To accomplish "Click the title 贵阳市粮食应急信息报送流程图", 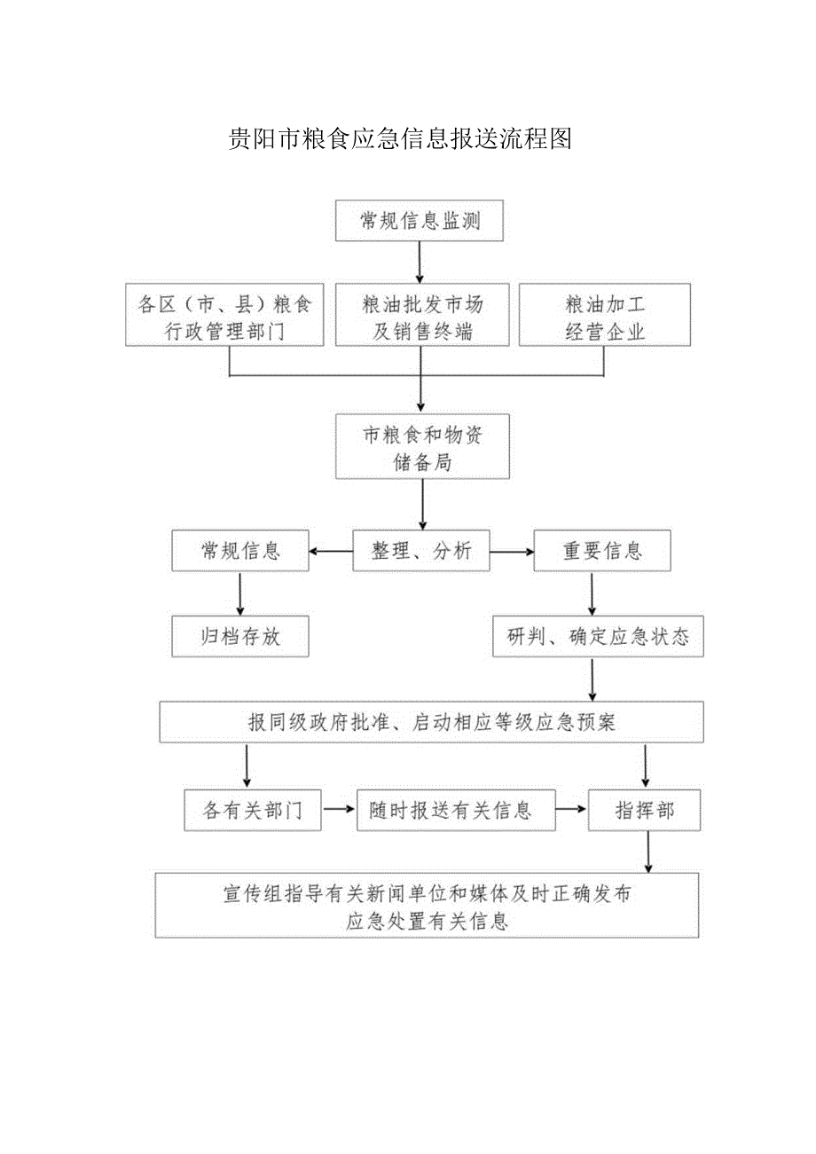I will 399,139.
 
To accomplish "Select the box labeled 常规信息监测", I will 420,221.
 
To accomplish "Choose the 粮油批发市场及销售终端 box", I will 423,316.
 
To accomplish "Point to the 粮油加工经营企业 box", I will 604,316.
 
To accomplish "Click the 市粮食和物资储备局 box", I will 422,446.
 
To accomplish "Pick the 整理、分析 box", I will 421,551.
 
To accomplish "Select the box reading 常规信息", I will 240,551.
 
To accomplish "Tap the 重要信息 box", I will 601,551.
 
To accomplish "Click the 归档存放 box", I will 240,636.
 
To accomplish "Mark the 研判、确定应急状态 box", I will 599,636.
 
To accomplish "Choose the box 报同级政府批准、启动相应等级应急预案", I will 431,722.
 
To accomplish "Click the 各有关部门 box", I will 253,810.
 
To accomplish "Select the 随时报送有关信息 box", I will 456,810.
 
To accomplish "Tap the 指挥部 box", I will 644,810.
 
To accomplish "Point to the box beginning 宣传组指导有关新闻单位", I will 427,906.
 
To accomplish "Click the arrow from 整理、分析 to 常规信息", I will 331,551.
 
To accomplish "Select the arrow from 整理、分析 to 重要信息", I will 512,551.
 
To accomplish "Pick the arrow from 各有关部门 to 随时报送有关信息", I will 339,810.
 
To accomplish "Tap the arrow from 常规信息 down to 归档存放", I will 240,594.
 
